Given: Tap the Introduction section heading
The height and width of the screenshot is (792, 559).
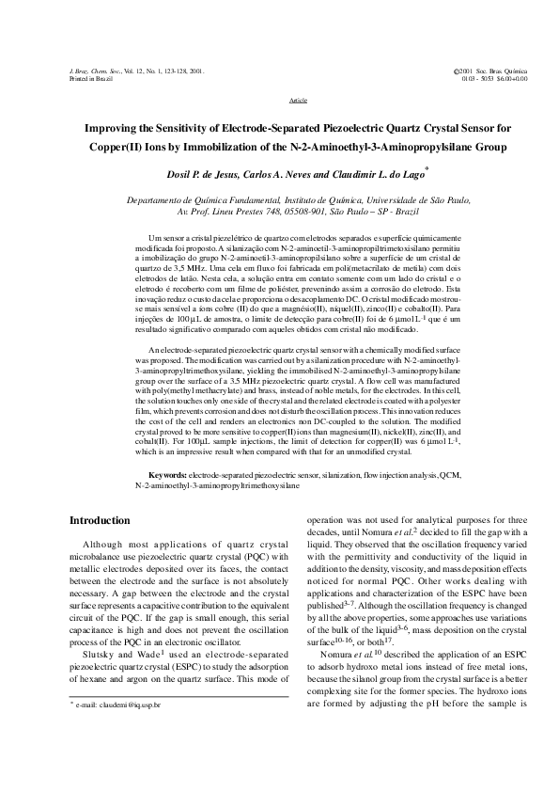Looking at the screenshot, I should [x=101, y=521].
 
